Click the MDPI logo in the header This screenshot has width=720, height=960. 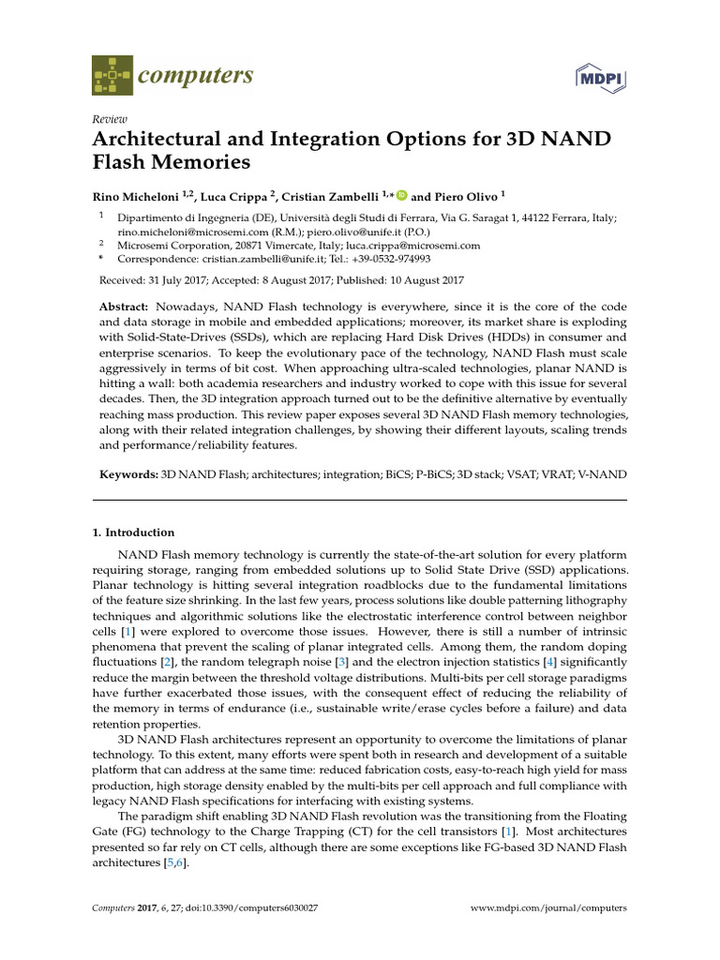click(600, 77)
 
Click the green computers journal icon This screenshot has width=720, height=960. click(112, 76)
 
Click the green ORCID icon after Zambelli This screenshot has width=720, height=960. click(401, 195)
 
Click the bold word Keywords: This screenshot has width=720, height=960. click(129, 476)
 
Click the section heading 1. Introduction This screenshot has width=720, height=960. click(133, 532)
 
